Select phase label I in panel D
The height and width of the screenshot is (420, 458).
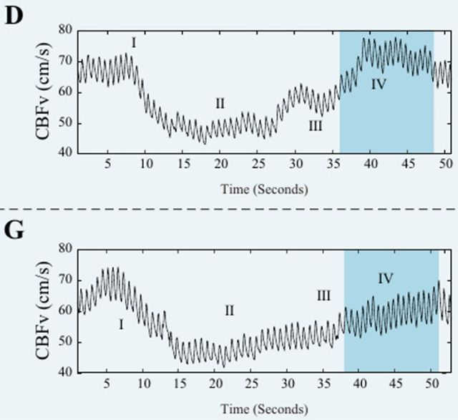click(134, 43)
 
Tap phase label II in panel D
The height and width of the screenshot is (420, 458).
click(220, 104)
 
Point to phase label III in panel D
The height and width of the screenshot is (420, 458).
click(315, 126)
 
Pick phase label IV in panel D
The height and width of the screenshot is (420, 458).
click(379, 84)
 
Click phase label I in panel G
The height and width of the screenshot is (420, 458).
click(121, 325)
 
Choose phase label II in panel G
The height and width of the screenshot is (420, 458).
click(229, 311)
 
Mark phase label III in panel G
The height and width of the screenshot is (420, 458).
click(323, 295)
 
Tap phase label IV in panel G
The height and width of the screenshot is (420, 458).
click(386, 278)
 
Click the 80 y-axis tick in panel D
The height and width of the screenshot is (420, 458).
click(67, 30)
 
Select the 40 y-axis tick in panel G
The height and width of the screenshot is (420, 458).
click(67, 373)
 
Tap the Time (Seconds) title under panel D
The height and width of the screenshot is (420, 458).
click(264, 190)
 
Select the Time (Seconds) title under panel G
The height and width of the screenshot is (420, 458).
click(264, 409)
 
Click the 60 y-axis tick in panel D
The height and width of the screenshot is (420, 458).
click(67, 92)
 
